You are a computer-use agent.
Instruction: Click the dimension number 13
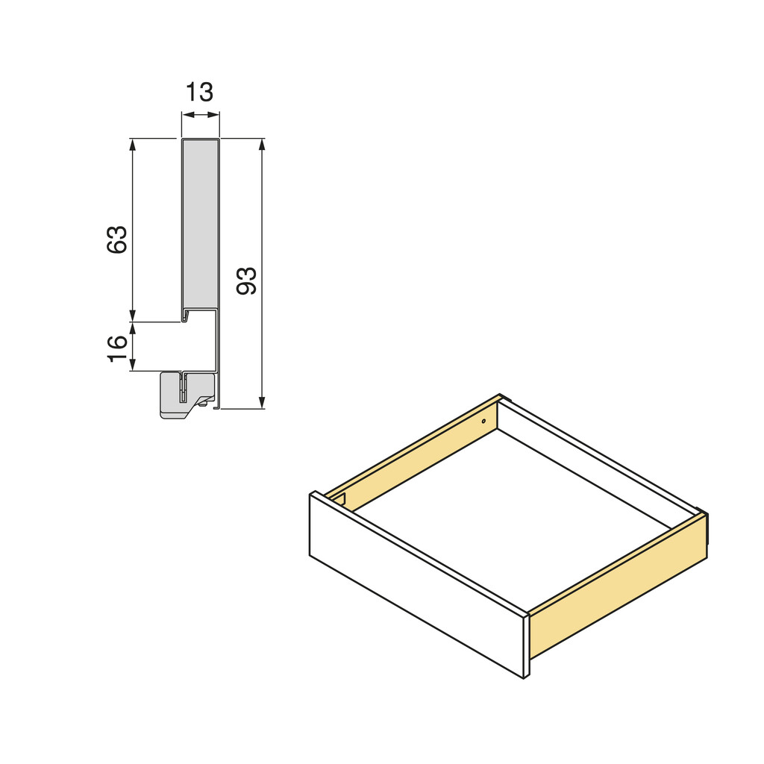pos(200,93)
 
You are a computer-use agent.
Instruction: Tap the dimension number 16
pos(118,348)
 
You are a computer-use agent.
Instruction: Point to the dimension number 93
pos(246,281)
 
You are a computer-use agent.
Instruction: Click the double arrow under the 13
pos(201,115)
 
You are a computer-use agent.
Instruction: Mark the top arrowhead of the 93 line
pos(262,144)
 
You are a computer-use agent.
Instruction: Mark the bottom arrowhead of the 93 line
pos(262,403)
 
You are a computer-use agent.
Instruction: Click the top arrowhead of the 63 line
pos(133,144)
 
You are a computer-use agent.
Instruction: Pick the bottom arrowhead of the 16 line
pos(133,366)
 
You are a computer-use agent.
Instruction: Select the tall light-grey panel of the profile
pos(200,224)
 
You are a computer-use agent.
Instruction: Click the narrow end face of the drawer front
pos(526,645)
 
